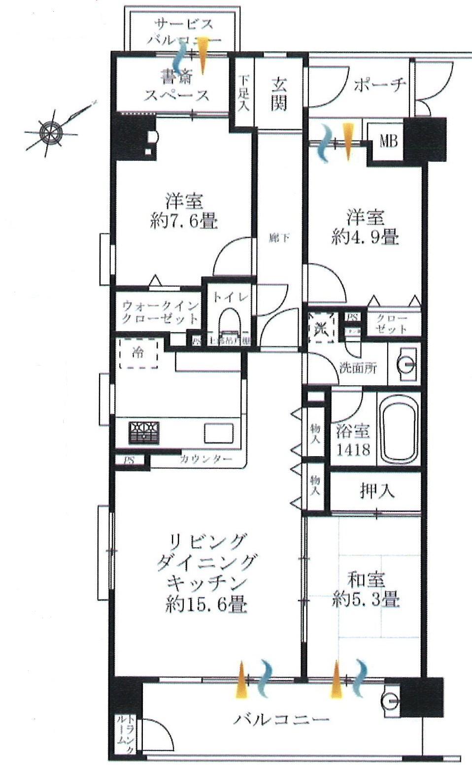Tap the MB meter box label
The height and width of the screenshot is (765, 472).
click(x=388, y=142)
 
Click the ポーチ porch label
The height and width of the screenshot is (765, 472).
click(x=379, y=85)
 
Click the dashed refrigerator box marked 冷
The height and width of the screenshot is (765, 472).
click(x=138, y=353)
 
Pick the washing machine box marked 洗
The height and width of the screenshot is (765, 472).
click(x=321, y=326)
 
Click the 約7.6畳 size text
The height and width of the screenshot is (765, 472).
click(x=183, y=222)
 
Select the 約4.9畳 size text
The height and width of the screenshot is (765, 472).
click(x=365, y=237)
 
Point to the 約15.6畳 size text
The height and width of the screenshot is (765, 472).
click(x=206, y=604)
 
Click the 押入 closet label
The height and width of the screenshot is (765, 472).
click(x=377, y=491)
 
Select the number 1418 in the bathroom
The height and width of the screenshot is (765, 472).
click(x=354, y=450)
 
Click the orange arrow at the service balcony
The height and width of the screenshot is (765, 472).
click(x=203, y=56)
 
